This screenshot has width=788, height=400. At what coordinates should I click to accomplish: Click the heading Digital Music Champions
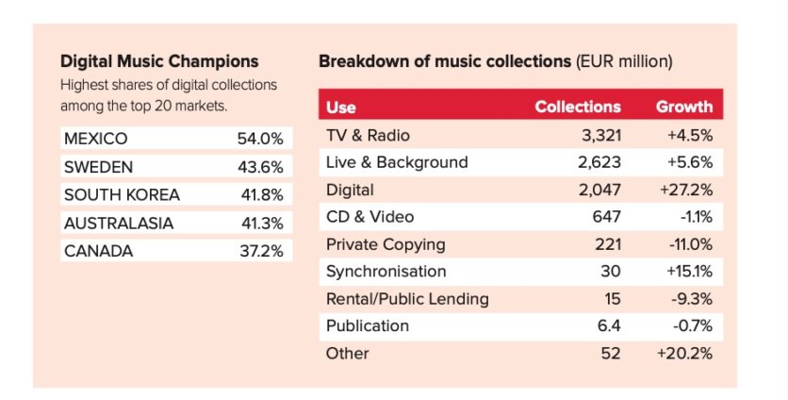(159, 61)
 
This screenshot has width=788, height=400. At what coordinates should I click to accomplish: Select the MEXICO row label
(95, 139)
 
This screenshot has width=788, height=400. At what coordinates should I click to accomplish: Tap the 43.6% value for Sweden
(260, 167)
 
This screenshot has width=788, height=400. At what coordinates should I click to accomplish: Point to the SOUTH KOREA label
(122, 195)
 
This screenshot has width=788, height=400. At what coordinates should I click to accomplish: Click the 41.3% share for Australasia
(260, 224)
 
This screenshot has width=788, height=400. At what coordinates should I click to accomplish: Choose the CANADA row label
(98, 252)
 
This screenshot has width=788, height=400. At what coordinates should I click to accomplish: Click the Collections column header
(578, 107)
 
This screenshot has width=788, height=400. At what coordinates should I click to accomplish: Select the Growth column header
(684, 107)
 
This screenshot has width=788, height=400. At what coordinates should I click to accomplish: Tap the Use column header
(340, 108)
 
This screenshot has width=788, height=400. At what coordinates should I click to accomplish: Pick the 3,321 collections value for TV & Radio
(599, 135)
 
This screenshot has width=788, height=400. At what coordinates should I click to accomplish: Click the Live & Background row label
(396, 162)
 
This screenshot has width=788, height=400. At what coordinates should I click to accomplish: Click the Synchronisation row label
(386, 272)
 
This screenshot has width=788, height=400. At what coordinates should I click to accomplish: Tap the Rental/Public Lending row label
(406, 299)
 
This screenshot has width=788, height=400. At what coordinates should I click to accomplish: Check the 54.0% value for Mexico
(260, 139)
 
